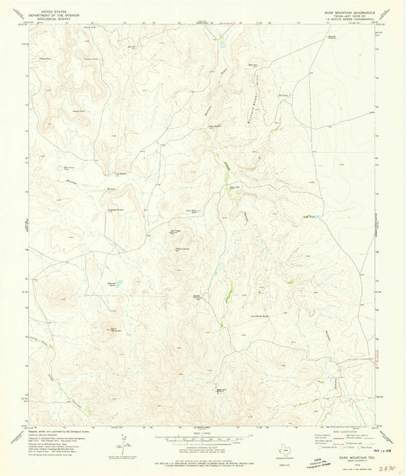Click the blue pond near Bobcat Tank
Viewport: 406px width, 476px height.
coord(119,283)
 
